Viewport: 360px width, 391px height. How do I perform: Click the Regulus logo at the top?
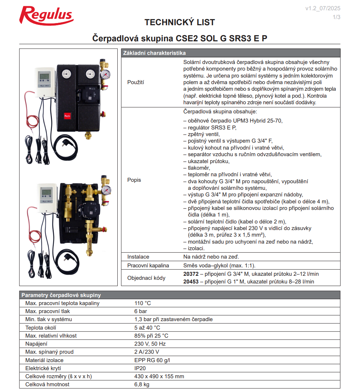[46, 15]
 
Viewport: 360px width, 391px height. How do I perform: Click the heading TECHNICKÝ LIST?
[179, 22]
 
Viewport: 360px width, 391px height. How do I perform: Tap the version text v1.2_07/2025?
[323, 8]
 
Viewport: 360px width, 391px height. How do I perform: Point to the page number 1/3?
[336, 17]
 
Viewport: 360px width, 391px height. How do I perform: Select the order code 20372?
[191, 274]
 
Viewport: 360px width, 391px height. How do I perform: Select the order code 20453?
[191, 282]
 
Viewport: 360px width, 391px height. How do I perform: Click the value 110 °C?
[143, 303]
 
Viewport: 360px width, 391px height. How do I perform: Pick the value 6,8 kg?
[142, 384]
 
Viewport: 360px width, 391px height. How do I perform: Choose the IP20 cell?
[140, 368]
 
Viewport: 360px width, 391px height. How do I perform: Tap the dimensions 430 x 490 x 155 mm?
[159, 376]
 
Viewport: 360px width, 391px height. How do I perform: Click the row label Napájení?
[36, 344]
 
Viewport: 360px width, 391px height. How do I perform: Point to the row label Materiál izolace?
[44, 360]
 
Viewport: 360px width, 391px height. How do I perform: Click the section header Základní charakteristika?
[155, 53]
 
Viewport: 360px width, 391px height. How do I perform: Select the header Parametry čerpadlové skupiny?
[61, 295]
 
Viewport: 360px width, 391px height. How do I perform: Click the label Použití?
[136, 82]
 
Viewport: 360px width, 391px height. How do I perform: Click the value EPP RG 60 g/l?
[152, 360]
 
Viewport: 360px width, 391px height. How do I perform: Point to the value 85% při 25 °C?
[151, 336]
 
